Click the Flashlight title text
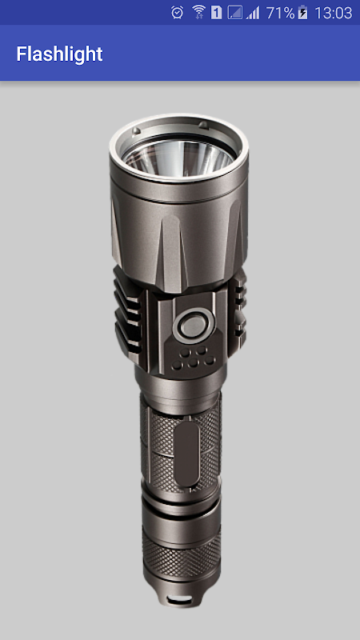point(59,54)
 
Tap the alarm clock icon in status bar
point(178,13)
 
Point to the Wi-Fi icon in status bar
point(198,13)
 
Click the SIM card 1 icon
point(216,13)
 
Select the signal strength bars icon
point(253,13)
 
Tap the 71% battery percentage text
point(281,13)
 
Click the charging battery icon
point(303,13)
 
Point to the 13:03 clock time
point(333,13)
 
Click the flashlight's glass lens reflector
point(178,156)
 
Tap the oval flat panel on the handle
point(188,454)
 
